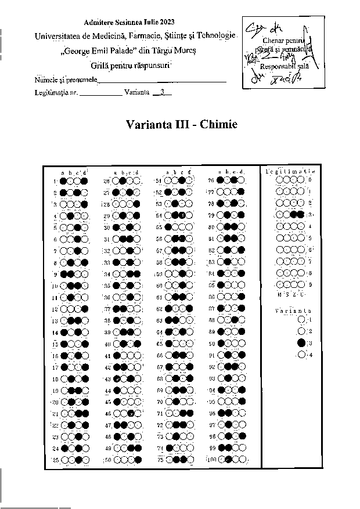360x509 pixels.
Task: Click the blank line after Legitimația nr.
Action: click(x=100, y=92)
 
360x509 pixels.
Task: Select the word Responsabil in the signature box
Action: click(x=274, y=67)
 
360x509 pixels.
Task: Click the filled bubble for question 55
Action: click(x=168, y=227)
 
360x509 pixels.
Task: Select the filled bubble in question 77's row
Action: click(x=240, y=192)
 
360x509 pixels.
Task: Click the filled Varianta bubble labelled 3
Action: click(x=301, y=343)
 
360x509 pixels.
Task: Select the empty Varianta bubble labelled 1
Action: click(x=301, y=319)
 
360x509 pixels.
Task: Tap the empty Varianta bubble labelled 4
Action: click(x=301, y=355)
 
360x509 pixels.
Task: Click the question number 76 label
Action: click(x=211, y=181)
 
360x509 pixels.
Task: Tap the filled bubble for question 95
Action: click(x=240, y=401)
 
